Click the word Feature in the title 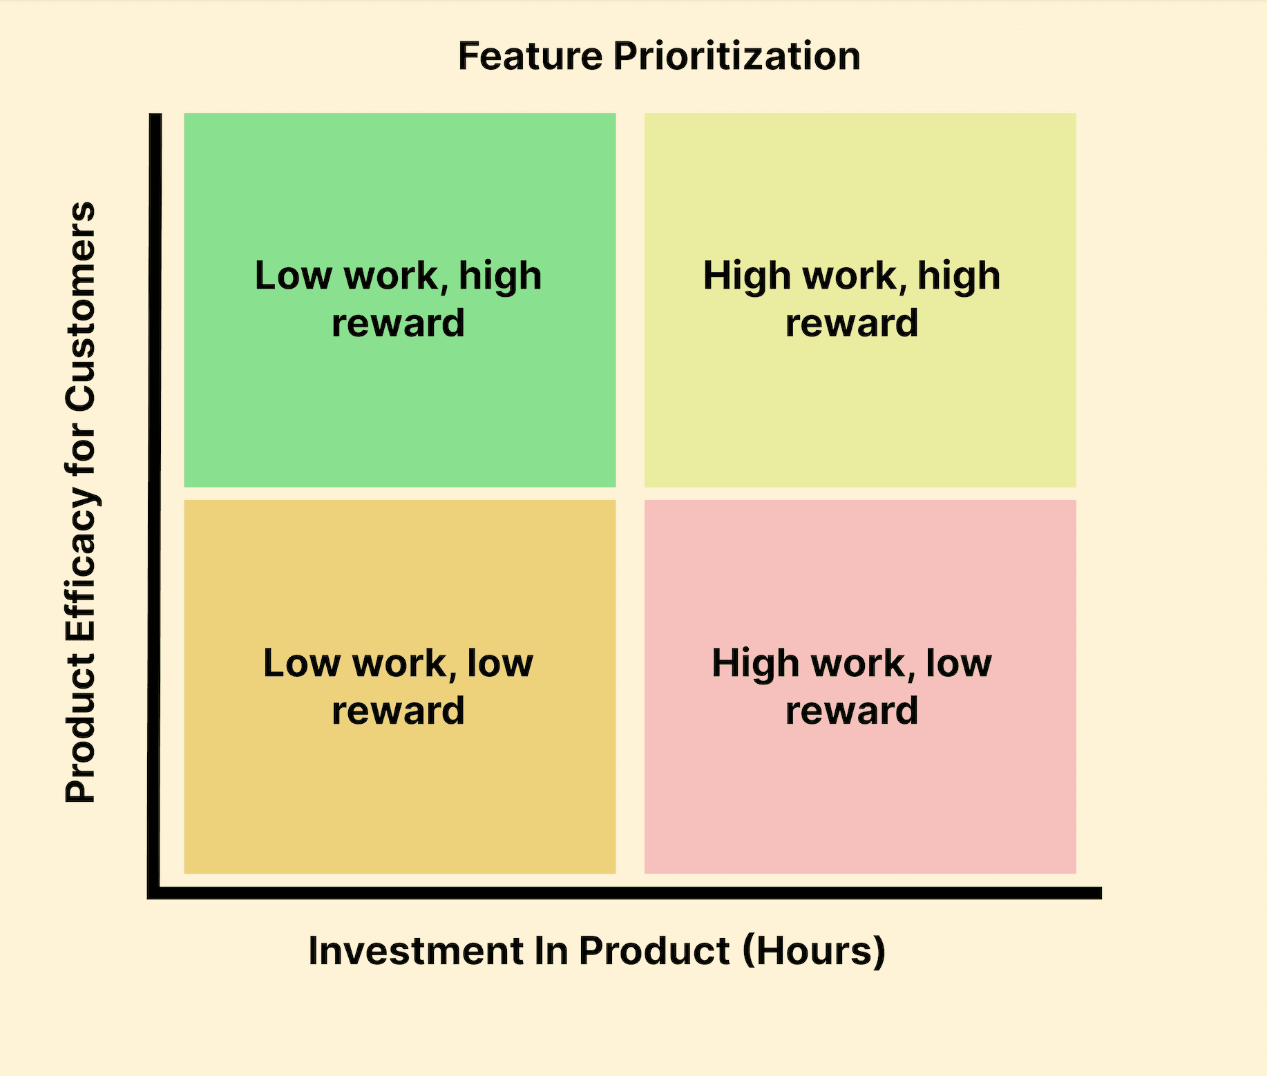pos(530,56)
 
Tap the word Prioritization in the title pos(736,56)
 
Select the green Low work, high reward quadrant pos(400,300)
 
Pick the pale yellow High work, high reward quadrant pos(860,300)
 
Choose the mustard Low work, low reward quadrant pos(400,686)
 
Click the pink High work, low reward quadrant pos(860,686)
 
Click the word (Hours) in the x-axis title pos(814,952)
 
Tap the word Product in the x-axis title pos(654,950)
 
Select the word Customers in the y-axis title pos(81,307)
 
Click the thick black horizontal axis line pos(625,893)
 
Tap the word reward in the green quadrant pos(398,323)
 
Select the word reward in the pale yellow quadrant pos(852,323)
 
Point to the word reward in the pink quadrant pos(852,711)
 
